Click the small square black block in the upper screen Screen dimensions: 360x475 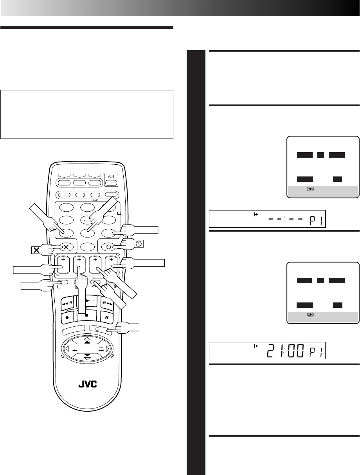(x=320, y=155)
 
